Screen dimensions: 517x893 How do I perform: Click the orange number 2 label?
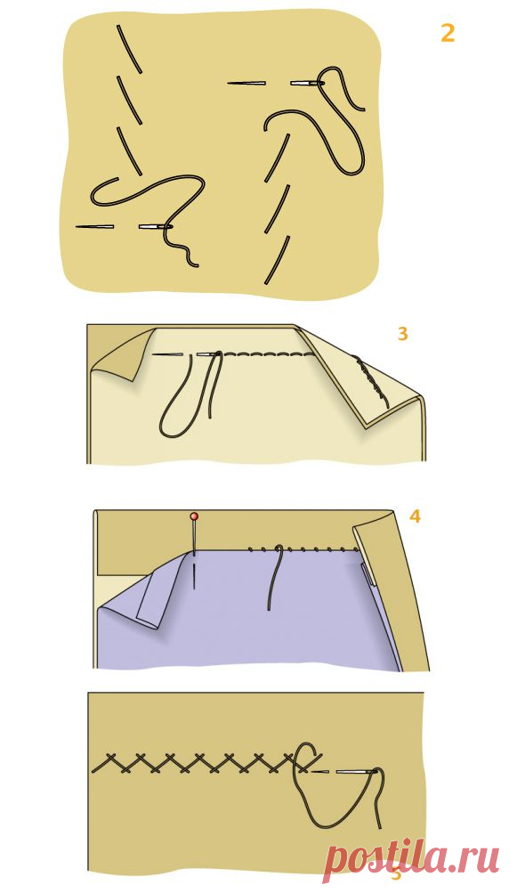(x=448, y=34)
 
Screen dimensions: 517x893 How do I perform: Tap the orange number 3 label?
(x=402, y=333)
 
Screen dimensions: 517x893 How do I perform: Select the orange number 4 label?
(x=415, y=516)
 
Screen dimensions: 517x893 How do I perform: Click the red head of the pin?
(x=194, y=516)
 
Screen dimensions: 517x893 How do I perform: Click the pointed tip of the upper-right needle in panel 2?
(x=229, y=84)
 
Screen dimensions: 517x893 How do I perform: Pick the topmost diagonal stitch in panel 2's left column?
(x=129, y=49)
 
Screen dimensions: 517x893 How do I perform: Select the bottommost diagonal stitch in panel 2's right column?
(x=278, y=260)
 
